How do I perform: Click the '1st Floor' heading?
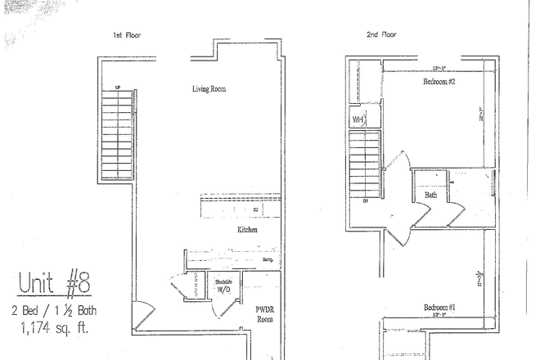tap(128, 35)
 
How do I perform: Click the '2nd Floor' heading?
tap(381, 35)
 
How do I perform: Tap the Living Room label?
tap(209, 88)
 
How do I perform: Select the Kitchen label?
tap(248, 231)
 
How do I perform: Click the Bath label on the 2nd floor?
tap(430, 196)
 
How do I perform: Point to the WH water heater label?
tap(358, 119)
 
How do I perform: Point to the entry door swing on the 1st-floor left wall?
tap(140, 311)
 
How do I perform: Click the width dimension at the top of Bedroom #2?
tap(439, 69)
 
